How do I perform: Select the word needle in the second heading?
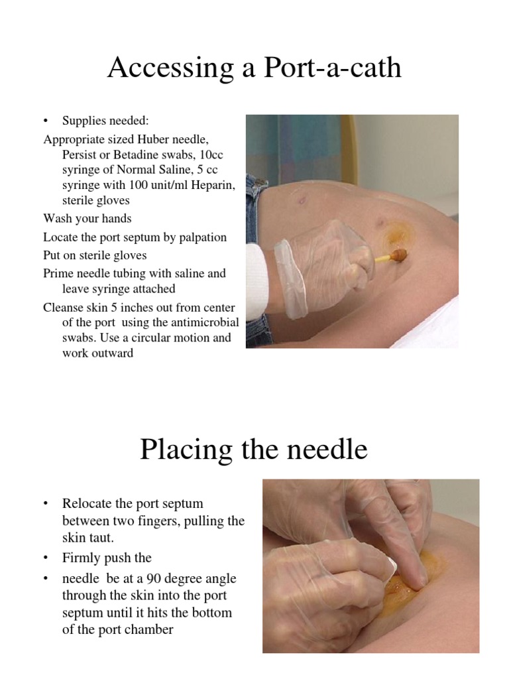tap(326, 450)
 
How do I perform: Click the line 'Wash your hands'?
tap(87, 219)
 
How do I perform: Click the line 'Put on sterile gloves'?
tap(95, 255)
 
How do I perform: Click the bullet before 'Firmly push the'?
tap(46, 560)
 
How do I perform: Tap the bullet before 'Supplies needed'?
tap(46, 121)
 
